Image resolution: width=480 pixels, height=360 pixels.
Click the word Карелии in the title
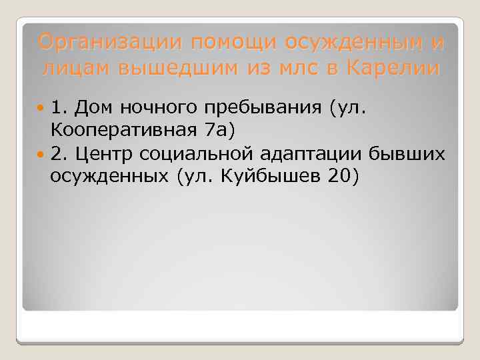coord(392,67)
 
